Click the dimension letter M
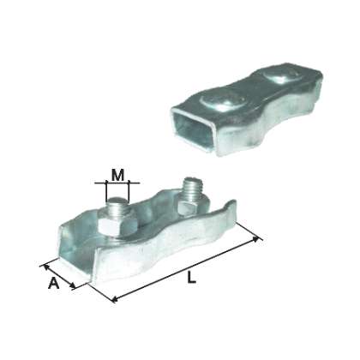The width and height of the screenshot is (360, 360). [117, 174]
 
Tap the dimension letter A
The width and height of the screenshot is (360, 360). [53, 284]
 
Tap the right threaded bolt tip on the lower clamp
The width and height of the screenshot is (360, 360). [189, 187]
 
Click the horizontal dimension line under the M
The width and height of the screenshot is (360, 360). [119, 183]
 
